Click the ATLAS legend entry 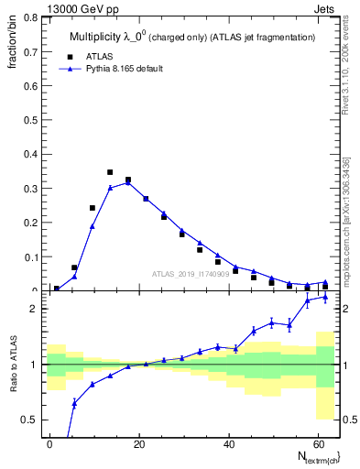point(99,56)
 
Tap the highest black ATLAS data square point(110,172)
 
